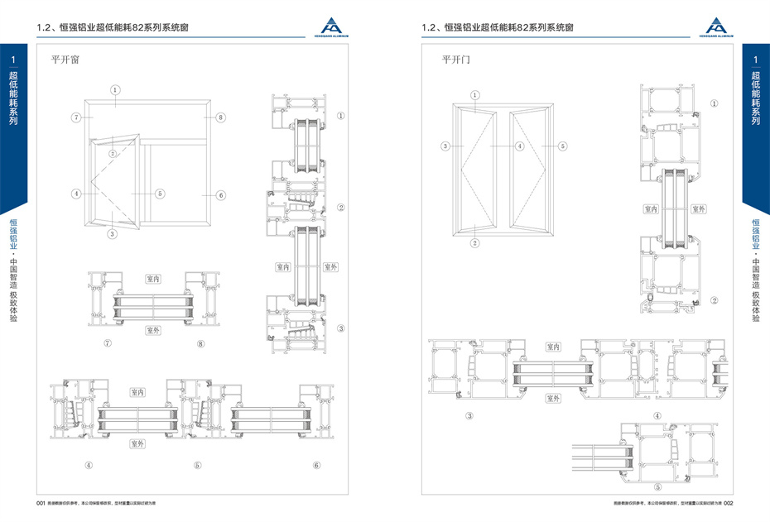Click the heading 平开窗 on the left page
[65, 60]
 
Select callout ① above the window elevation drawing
[115, 89]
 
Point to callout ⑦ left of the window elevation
[75, 118]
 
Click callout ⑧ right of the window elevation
[220, 118]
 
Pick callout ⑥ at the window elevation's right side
[220, 195]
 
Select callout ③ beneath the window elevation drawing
[113, 234]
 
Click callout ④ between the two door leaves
[520, 146]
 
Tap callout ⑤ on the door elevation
[562, 146]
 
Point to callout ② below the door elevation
[475, 243]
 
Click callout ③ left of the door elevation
[445, 146]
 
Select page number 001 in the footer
[39, 502]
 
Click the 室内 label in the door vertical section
[651, 209]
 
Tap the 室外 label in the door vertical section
[698, 209]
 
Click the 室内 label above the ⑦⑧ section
[153, 280]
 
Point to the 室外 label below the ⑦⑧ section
[153, 330]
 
